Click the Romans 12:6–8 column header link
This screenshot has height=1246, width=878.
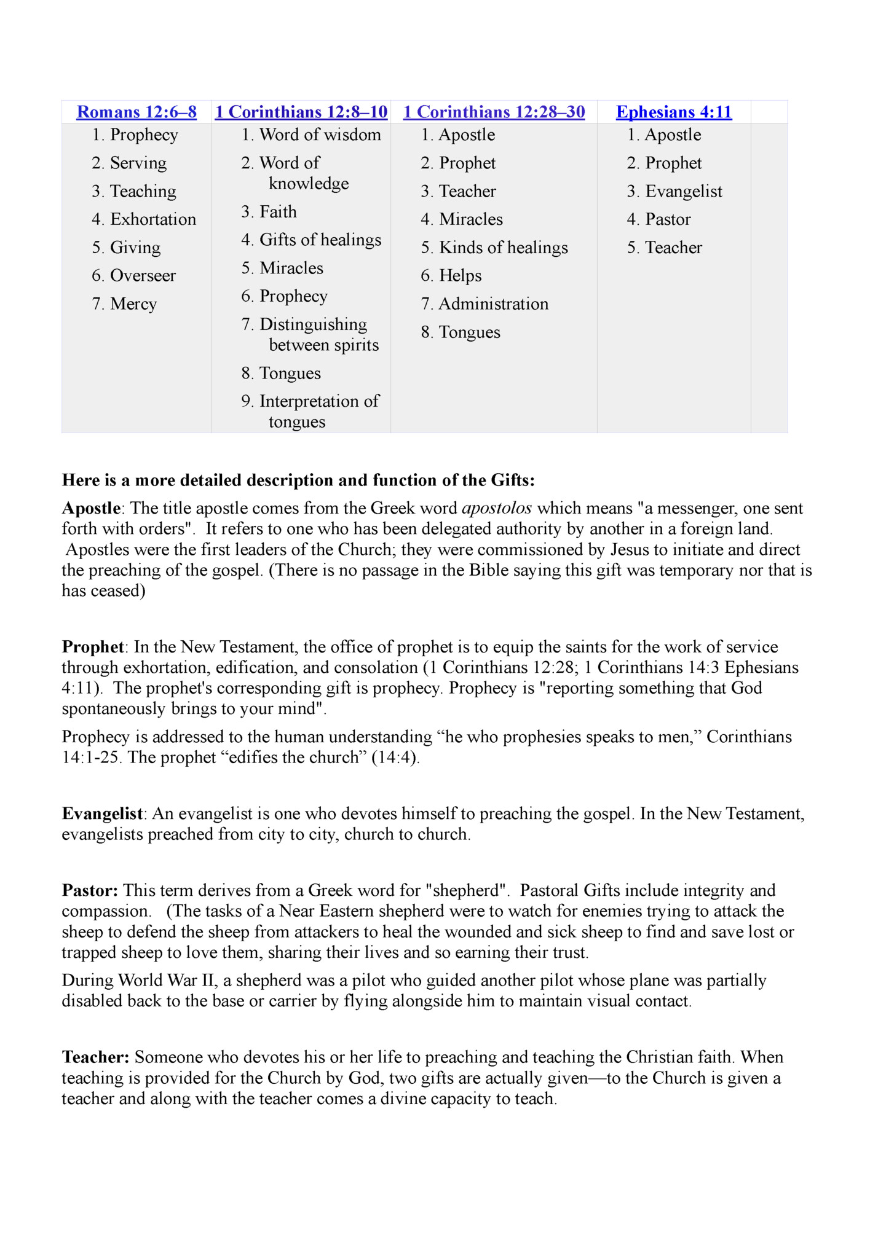click(x=136, y=112)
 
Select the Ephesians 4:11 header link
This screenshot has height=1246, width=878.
click(x=674, y=112)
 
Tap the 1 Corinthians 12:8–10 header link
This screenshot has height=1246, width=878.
click(x=301, y=112)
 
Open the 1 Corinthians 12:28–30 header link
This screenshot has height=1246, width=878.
click(x=494, y=112)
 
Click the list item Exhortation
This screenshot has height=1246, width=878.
click(x=152, y=219)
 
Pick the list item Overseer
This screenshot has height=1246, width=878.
click(x=143, y=276)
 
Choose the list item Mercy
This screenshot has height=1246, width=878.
click(x=133, y=304)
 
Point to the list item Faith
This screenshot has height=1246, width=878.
click(x=278, y=212)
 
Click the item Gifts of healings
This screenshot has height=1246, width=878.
click(x=320, y=240)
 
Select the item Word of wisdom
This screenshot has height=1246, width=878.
click(x=320, y=135)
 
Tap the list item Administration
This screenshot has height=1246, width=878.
click(x=493, y=304)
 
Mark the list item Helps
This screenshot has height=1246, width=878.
click(x=460, y=276)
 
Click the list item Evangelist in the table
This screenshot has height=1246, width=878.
click(x=683, y=192)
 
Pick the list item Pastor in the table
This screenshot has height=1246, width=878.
click(x=668, y=219)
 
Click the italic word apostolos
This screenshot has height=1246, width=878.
click(x=496, y=509)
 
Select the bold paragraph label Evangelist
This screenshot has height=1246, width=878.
click(x=103, y=814)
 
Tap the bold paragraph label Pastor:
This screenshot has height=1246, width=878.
click(x=90, y=891)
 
